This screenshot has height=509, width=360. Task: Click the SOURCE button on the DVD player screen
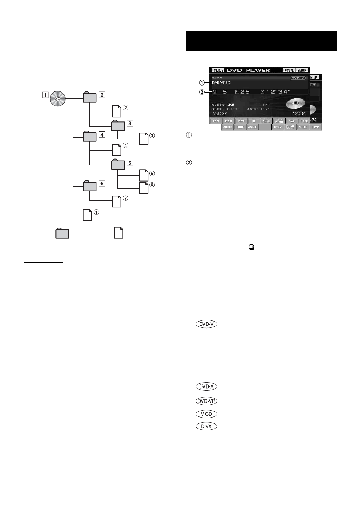pyautogui.click(x=218, y=70)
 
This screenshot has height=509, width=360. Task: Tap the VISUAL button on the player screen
pyautogui.click(x=289, y=70)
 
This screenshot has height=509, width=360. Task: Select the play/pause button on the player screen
pyautogui.click(x=228, y=121)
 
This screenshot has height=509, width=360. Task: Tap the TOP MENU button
pyautogui.click(x=279, y=121)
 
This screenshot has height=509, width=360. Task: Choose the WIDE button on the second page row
pyautogui.click(x=302, y=127)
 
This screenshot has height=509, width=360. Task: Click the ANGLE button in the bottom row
pyautogui.click(x=252, y=127)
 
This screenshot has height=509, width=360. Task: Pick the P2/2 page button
pyautogui.click(x=315, y=127)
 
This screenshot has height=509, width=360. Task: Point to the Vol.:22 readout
pyautogui.click(x=220, y=113)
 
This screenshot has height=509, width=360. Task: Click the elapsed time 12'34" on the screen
pyautogui.click(x=278, y=92)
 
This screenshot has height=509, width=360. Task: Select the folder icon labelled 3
pyautogui.click(x=118, y=126)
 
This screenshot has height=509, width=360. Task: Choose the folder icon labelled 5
pyautogui.click(x=118, y=164)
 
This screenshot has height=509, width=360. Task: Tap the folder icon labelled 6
pyautogui.click(x=90, y=186)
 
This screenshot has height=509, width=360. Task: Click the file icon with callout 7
pyautogui.click(x=117, y=201)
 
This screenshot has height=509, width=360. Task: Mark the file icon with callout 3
pyautogui.click(x=144, y=139)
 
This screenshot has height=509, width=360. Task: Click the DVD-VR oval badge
pyautogui.click(x=207, y=401)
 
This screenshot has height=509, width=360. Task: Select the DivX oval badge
pyautogui.click(x=207, y=426)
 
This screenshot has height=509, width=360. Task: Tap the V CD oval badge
pyautogui.click(x=207, y=414)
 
